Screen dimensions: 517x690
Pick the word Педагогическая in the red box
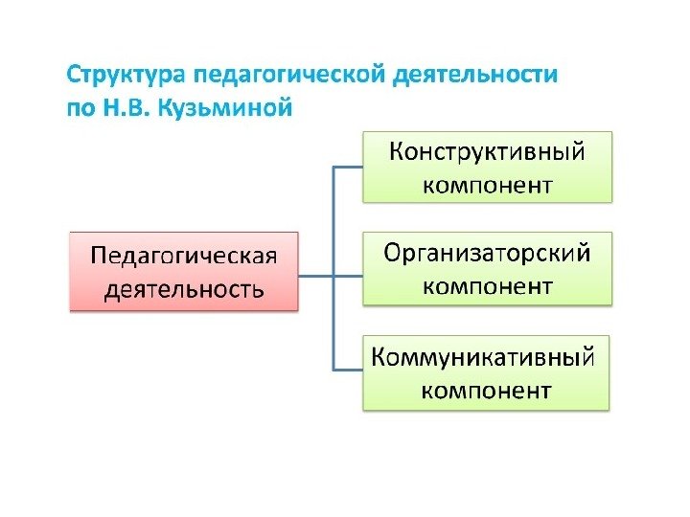183,257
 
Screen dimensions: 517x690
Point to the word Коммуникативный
487,358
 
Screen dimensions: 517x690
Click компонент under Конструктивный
487,183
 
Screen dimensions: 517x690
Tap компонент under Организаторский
487,284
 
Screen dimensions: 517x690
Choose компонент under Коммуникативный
487,390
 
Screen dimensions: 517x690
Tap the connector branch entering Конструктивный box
348,167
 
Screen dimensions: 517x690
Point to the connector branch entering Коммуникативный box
348,370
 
